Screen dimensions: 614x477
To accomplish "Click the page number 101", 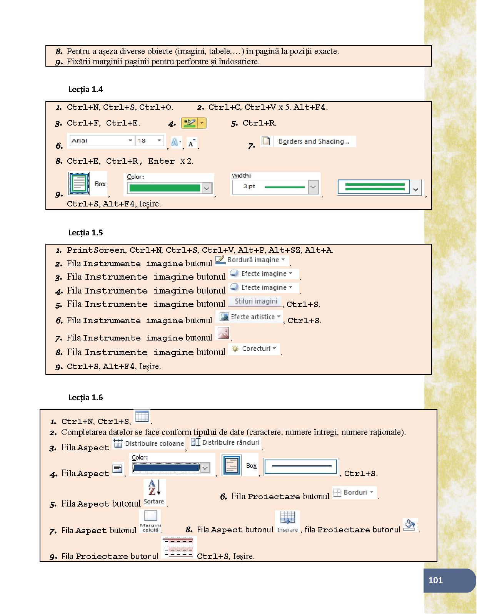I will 435,580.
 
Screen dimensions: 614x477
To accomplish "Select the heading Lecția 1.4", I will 85,89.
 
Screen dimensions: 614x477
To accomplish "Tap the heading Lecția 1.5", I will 85,233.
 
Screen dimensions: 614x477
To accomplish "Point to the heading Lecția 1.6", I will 85,398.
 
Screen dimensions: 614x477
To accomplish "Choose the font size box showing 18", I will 149,141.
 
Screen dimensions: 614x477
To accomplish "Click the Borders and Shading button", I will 308,141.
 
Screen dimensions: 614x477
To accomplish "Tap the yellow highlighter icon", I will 190,123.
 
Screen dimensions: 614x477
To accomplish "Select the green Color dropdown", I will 170,188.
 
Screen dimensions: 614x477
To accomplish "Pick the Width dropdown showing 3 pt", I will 275,187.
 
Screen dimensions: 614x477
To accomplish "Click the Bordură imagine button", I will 251,260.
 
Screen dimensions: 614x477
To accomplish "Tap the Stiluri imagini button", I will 255,301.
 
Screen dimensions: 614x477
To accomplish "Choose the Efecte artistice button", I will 249,317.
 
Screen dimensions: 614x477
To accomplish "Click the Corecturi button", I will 254,349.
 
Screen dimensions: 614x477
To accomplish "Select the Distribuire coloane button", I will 149,443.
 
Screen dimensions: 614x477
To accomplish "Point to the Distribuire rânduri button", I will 226,443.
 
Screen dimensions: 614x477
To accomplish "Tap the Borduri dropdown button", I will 354,492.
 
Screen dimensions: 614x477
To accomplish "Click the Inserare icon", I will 287,522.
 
